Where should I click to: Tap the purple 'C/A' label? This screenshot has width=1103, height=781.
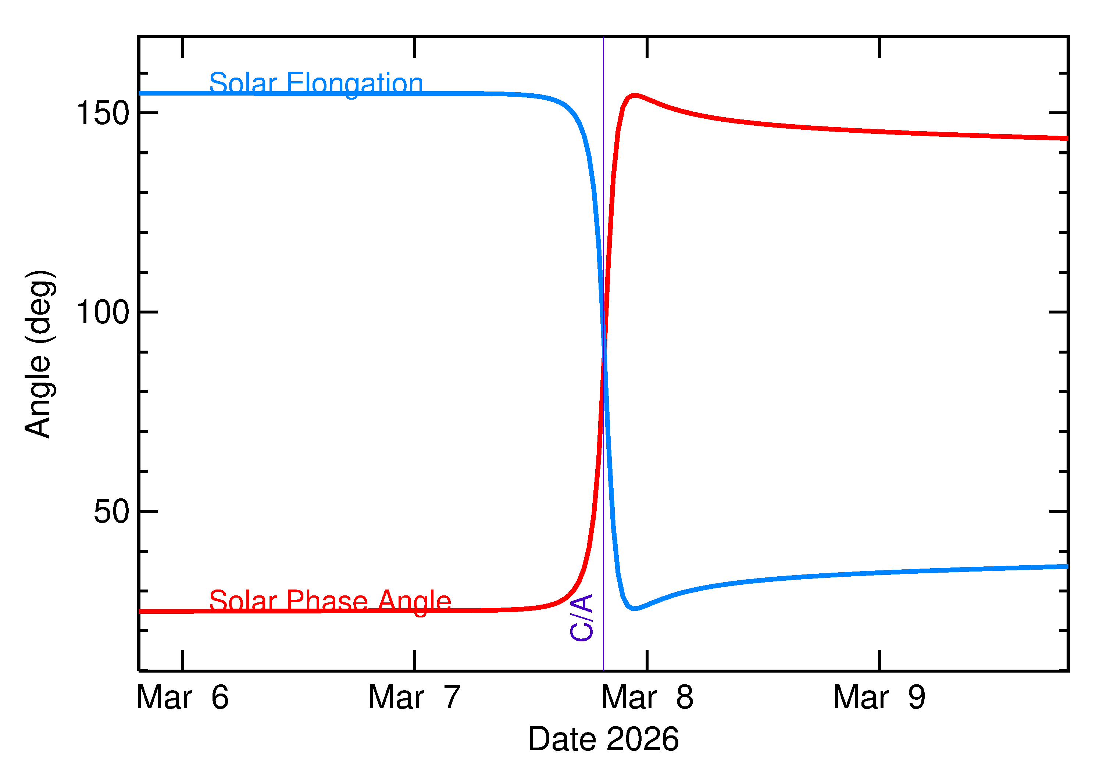pyautogui.click(x=581, y=617)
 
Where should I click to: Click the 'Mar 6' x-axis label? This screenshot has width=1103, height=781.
pyautogui.click(x=182, y=697)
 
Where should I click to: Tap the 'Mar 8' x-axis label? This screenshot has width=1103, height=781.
pyautogui.click(x=647, y=697)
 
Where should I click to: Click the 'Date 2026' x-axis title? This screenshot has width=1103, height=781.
pyautogui.click(x=603, y=739)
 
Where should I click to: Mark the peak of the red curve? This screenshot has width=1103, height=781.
pyautogui.click(x=635, y=95)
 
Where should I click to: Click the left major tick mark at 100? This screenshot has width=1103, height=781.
pyautogui.click(x=148, y=312)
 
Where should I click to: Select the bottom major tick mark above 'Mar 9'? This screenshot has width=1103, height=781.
pyautogui.click(x=879, y=660)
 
